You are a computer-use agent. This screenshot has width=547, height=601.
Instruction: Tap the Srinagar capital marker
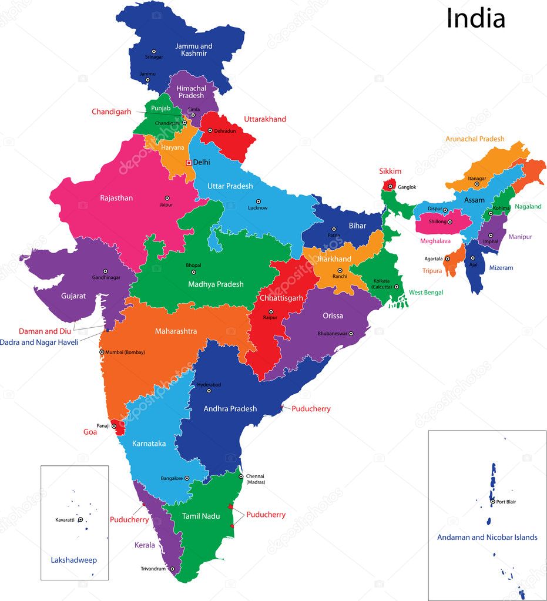tap(154, 51)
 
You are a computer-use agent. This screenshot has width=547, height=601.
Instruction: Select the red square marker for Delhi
tap(189, 162)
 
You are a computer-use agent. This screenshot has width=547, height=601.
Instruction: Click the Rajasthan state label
tap(116, 198)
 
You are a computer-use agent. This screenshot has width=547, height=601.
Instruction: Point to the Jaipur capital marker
tap(167, 199)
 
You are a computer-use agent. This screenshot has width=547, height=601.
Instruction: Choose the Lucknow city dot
tap(258, 202)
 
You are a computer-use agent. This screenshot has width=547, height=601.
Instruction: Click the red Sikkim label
tap(390, 172)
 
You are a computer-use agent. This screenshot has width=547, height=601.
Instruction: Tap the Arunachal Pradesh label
tap(475, 139)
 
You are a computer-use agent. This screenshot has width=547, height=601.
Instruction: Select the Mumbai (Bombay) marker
tap(102, 352)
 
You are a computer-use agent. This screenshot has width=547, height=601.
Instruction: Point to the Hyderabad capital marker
tap(209, 391)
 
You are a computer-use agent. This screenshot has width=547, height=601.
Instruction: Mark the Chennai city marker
tap(241, 476)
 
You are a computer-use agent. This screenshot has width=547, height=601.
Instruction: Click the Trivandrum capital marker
tap(172, 569)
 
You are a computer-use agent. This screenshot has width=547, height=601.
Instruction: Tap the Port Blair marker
tap(492, 502)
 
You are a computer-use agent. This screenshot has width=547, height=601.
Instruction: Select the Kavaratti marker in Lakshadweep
tap(80, 520)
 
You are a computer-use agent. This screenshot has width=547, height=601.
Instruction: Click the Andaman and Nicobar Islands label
tap(486, 537)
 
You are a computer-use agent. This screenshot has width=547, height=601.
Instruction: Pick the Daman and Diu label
tap(45, 331)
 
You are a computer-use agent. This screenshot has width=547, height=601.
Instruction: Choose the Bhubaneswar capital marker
tap(351, 334)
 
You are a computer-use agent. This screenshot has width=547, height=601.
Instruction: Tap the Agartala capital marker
tap(447, 258)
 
